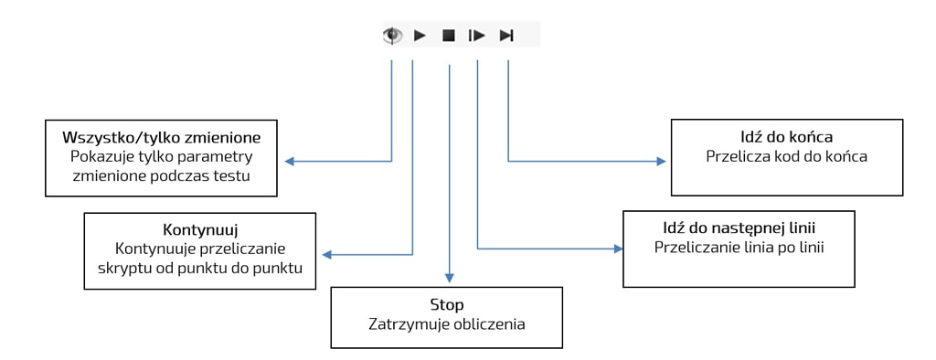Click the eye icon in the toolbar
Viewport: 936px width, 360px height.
click(x=392, y=36)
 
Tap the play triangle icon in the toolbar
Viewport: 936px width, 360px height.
click(x=420, y=36)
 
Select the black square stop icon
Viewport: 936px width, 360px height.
click(x=448, y=36)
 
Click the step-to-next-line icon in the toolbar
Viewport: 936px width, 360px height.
click(x=476, y=36)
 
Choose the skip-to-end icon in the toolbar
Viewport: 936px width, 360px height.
click(x=506, y=36)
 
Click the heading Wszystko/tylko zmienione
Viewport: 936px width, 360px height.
click(x=162, y=137)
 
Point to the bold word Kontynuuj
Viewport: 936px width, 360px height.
click(x=199, y=229)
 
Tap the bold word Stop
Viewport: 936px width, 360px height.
click(x=447, y=304)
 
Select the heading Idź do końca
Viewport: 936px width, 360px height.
click(x=786, y=137)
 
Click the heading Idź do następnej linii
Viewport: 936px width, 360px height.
click(x=739, y=227)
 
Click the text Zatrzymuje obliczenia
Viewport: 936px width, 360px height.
click(x=447, y=324)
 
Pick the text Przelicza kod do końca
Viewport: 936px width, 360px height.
click(x=786, y=156)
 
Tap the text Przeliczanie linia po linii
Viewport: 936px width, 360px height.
click(x=739, y=247)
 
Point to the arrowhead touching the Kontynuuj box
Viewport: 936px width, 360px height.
click(x=326, y=255)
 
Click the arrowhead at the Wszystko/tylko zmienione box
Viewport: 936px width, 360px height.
click(x=289, y=162)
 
